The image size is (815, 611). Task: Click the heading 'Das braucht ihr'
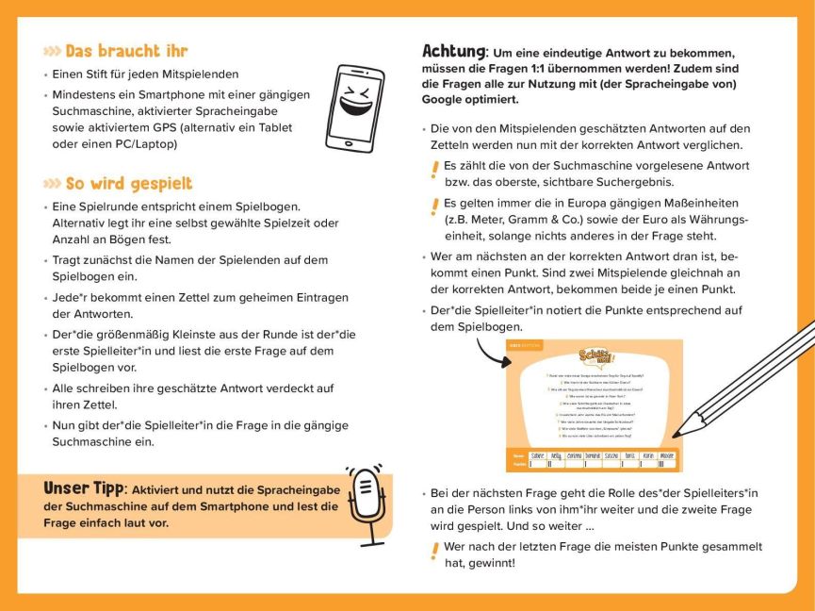click(x=126, y=51)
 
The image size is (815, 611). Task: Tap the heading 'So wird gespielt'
click(x=128, y=183)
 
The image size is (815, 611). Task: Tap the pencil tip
click(x=679, y=432)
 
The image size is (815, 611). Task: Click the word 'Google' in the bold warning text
click(x=445, y=98)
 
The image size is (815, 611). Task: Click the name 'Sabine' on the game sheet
click(x=538, y=454)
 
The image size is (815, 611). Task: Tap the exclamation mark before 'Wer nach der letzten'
click(x=433, y=551)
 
